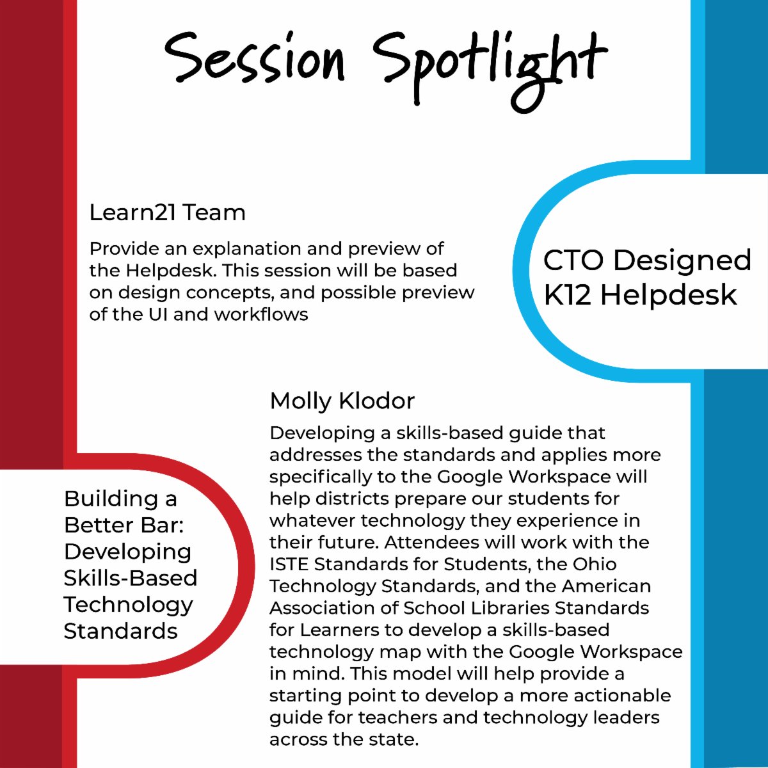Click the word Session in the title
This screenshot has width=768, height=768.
[255, 59]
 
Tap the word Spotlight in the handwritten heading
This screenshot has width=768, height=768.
[490, 64]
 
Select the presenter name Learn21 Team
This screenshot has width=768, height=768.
[167, 212]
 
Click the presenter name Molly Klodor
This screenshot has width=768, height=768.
[342, 401]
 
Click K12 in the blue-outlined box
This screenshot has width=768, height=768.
[568, 295]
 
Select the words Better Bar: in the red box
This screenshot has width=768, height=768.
[124, 525]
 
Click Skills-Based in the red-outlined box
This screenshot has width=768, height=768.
[130, 578]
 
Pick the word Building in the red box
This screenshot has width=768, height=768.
[111, 499]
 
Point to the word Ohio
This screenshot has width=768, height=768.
[595, 564]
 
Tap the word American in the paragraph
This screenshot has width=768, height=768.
[606, 586]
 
